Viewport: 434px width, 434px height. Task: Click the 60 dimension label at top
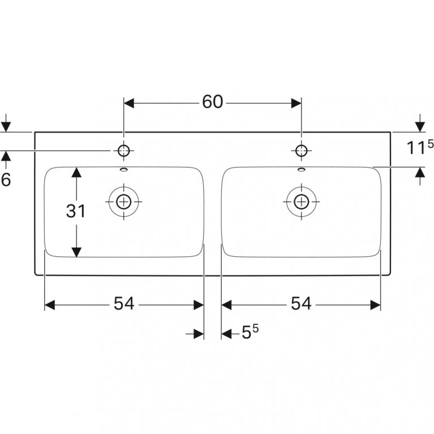(212, 102)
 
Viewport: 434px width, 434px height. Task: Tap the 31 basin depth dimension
(76, 211)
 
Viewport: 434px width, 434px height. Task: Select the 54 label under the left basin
(124, 303)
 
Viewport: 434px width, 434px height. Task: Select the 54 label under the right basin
(301, 303)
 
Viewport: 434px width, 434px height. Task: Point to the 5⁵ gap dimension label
(250, 332)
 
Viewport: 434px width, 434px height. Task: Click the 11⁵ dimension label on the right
(420, 147)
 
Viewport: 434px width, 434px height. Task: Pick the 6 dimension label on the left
(6, 179)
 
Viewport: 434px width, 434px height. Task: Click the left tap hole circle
(124, 151)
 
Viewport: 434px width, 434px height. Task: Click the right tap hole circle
(302, 151)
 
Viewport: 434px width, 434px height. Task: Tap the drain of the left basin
(124, 201)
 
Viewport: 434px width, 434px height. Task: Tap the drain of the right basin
(302, 201)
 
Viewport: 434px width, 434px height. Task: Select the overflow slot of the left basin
(124, 169)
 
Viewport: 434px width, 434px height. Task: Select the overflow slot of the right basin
(302, 169)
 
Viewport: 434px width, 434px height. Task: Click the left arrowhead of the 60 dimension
(128, 103)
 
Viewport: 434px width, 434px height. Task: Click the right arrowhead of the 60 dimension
(297, 103)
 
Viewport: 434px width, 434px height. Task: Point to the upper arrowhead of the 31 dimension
(76, 172)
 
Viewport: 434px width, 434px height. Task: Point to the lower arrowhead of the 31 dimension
(76, 252)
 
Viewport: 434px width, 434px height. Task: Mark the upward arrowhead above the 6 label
(6, 156)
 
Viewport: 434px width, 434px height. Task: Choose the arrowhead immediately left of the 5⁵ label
(226, 334)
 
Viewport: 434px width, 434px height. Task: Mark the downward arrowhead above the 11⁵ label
(420, 127)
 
